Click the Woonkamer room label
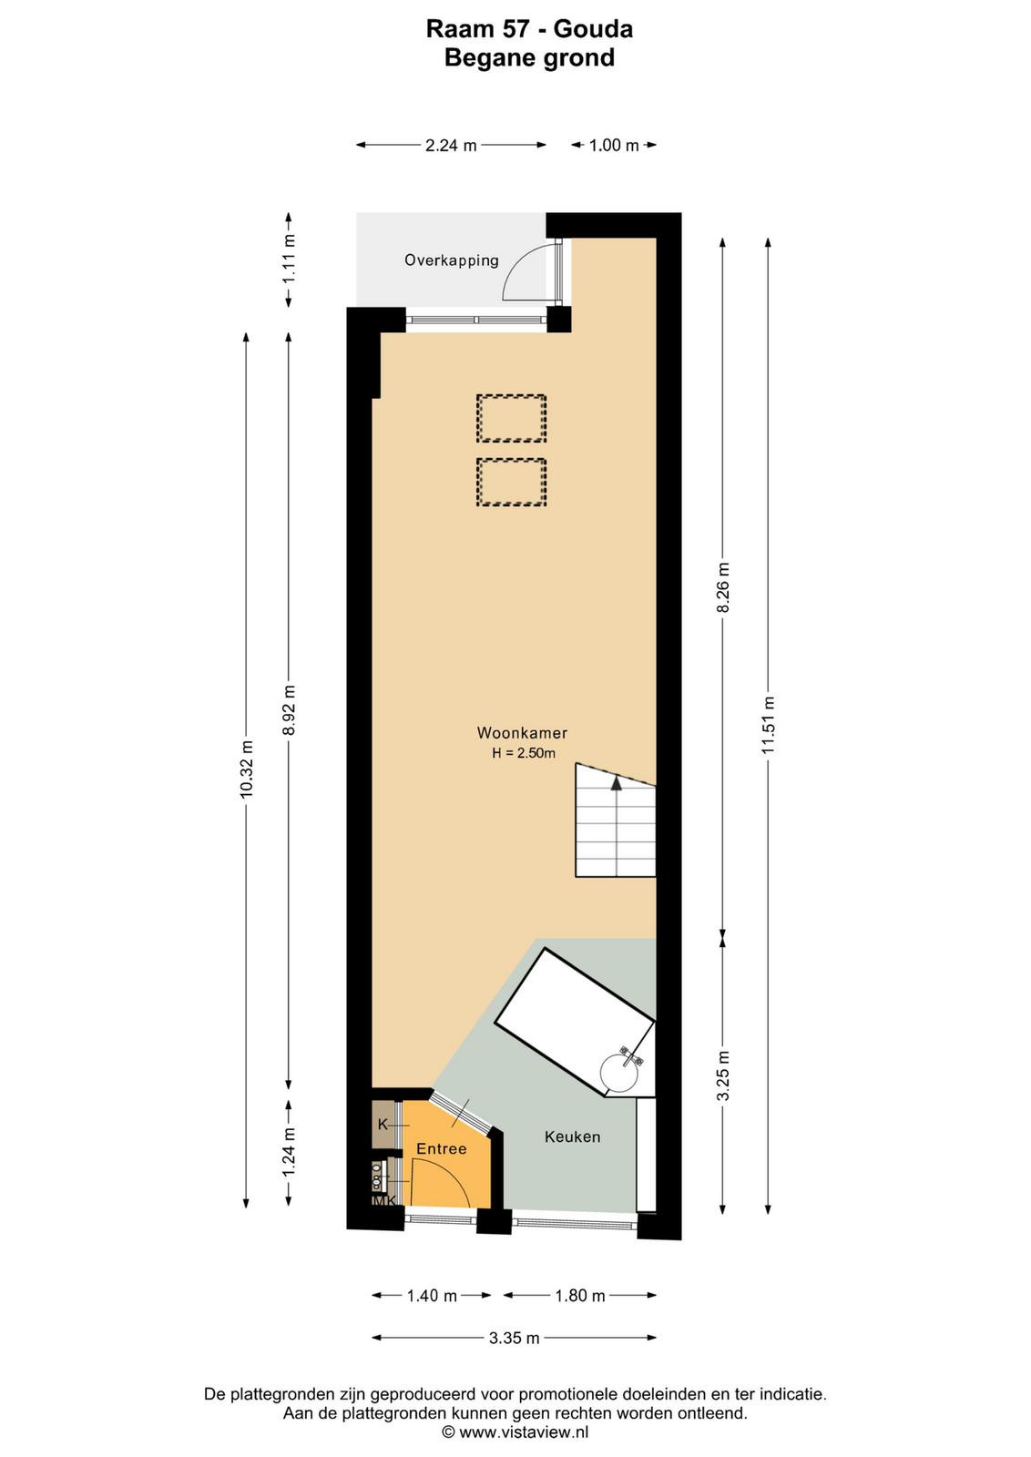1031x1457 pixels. click(522, 733)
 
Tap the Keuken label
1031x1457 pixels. click(572, 1137)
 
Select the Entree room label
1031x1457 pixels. click(442, 1148)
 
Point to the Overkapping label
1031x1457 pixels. click(452, 260)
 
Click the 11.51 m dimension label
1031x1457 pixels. click(769, 725)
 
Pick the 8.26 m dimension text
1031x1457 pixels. click(723, 586)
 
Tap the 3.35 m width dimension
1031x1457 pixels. click(514, 1338)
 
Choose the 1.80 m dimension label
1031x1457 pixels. click(579, 1296)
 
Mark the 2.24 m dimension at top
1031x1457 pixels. click(451, 145)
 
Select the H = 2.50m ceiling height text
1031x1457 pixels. click(524, 754)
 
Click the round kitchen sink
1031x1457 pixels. click(618, 1074)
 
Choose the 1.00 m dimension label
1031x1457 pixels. click(614, 145)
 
